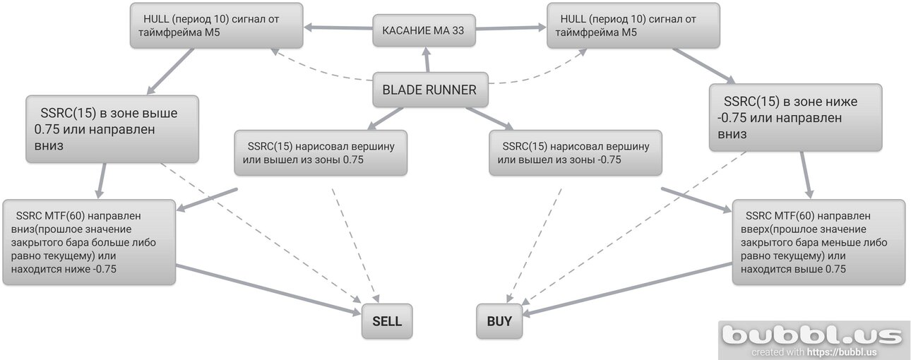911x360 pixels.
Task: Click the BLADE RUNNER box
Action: [430, 90]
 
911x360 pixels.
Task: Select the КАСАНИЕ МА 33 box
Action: [424, 30]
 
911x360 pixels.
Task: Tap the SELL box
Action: [387, 321]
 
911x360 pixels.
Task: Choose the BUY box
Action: [499, 321]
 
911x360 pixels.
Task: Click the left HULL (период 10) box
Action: [216, 25]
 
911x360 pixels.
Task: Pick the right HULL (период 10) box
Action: [633, 25]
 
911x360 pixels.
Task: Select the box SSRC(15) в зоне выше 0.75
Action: [112, 129]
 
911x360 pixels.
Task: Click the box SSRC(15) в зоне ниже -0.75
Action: [795, 118]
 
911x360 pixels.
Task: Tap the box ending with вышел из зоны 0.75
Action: [321, 152]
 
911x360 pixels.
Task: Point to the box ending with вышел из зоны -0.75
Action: [576, 152]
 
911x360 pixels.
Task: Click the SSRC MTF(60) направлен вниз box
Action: [90, 242]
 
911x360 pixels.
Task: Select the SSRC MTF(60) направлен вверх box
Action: [818, 242]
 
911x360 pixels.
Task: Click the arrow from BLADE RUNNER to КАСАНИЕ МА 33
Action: [427, 60]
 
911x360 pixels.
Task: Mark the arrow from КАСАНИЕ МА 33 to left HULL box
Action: [338, 28]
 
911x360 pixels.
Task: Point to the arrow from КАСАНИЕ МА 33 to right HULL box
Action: [511, 28]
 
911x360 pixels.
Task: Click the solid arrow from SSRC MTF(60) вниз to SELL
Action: [268, 289]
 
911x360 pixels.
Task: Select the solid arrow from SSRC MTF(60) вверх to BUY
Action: [627, 289]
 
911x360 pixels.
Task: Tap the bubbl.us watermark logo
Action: [811, 336]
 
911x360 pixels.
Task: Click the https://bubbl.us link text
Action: [842, 352]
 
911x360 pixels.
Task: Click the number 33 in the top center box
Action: [458, 30]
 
